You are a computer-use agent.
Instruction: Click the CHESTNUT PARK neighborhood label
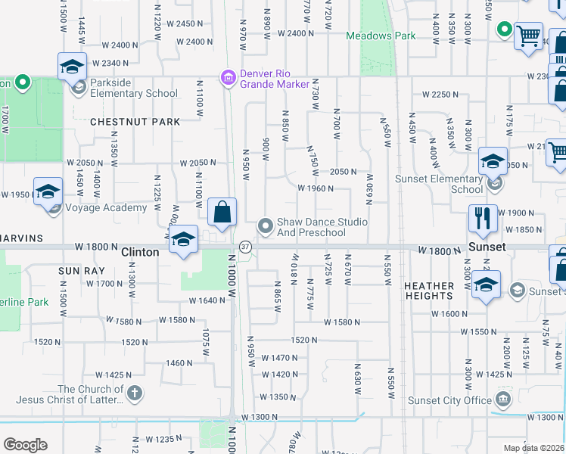[135, 122]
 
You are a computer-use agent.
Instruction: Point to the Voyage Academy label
[107, 208]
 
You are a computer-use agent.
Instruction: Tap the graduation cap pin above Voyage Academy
[47, 191]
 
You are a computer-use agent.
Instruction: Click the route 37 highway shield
[245, 247]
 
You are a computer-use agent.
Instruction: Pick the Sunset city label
[486, 247]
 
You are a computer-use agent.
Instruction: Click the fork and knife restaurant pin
[483, 218]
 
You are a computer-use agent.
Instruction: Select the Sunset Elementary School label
[439, 185]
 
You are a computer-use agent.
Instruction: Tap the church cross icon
[135, 393]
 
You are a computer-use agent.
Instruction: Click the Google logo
[25, 444]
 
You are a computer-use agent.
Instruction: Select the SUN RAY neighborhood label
[79, 269]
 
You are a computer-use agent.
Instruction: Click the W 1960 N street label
[316, 188]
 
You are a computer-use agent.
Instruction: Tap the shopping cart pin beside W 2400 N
[527, 35]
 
